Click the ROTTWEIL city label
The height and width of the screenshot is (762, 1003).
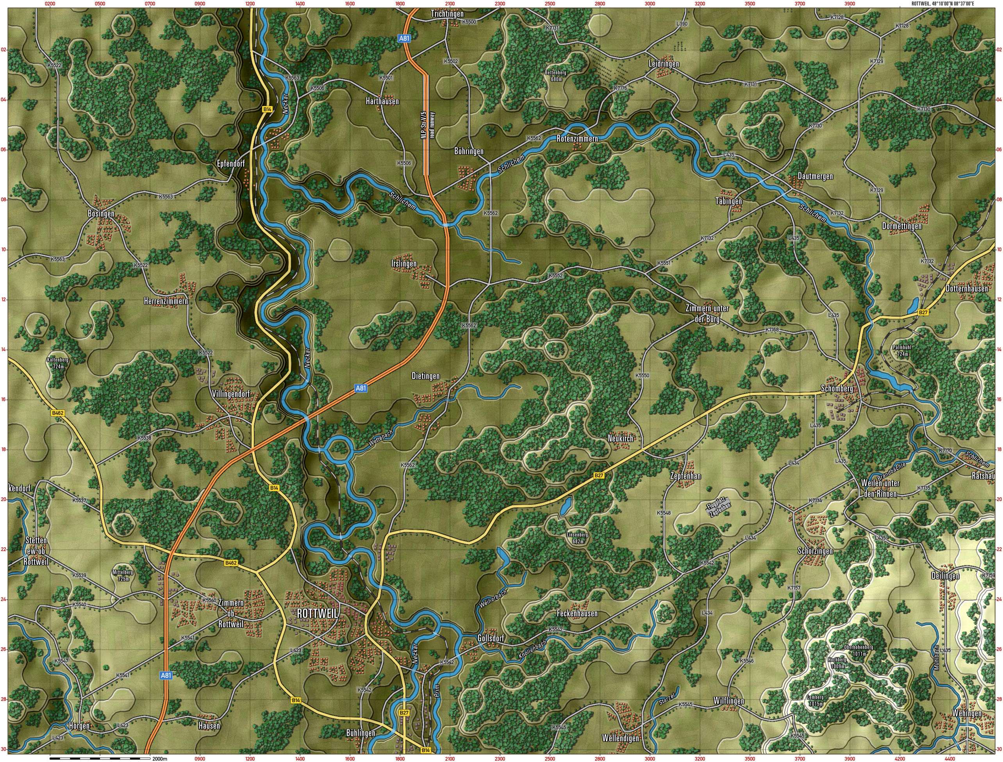317,613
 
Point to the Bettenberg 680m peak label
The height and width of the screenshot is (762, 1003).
556,75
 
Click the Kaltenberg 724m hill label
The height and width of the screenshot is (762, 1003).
58,363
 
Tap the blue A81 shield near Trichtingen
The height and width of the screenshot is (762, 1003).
404,39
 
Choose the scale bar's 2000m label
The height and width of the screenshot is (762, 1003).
160,758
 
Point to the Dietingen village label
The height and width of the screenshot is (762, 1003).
425,376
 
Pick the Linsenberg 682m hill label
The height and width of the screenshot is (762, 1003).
577,538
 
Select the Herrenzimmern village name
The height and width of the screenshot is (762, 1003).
166,301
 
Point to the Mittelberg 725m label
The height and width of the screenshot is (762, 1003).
123,575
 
